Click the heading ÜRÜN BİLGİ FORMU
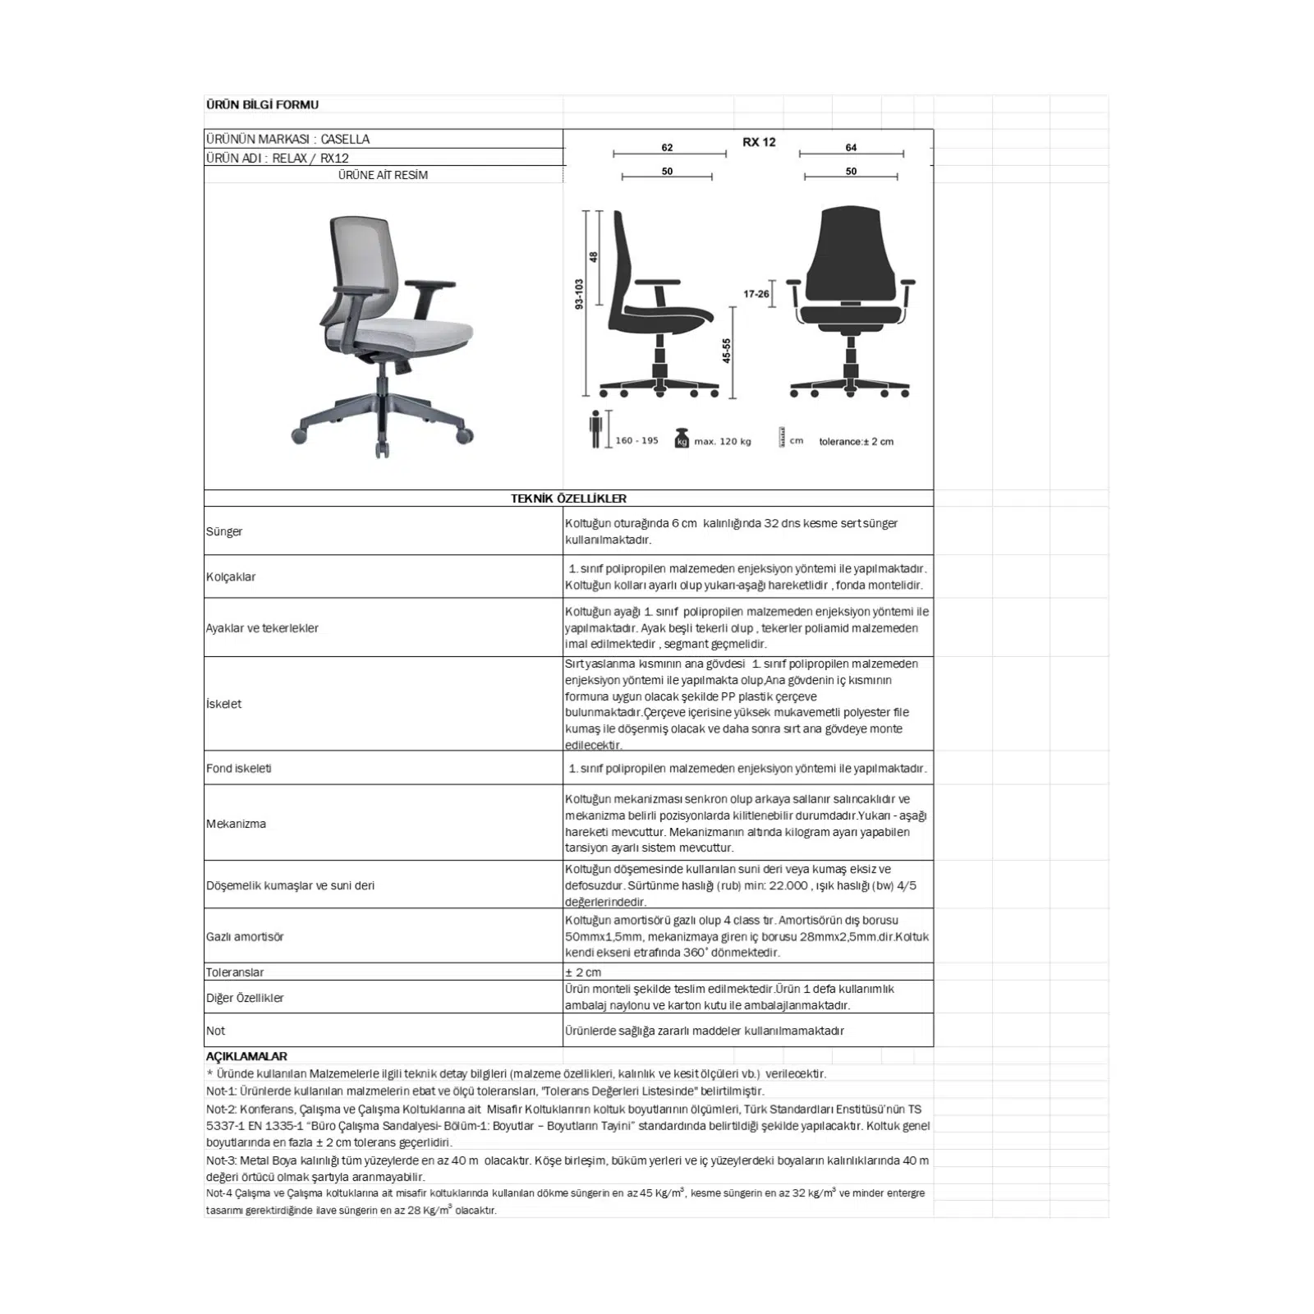[x=262, y=104]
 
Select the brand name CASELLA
[x=345, y=139]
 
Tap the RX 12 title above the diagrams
[x=759, y=142]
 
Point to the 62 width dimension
[x=667, y=148]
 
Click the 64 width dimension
[x=851, y=148]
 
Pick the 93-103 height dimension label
[x=579, y=293]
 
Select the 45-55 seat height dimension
[x=727, y=351]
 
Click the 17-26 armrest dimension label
[x=756, y=294]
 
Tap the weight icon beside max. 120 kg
[x=682, y=439]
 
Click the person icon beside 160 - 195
[x=596, y=429]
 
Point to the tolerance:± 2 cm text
[x=856, y=442]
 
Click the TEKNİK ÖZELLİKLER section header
[x=568, y=498]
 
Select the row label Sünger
[x=224, y=531]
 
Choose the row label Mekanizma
[x=236, y=824]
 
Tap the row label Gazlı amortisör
[x=245, y=936]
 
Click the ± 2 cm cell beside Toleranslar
[x=583, y=972]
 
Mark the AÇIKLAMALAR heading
[x=246, y=1056]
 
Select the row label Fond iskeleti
[x=238, y=769]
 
